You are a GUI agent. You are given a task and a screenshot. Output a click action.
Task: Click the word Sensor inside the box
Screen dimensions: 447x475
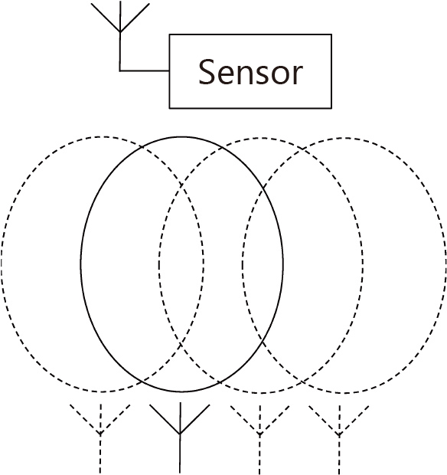click(x=250, y=72)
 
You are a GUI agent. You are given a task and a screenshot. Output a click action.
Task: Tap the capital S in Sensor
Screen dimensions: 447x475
click(x=207, y=72)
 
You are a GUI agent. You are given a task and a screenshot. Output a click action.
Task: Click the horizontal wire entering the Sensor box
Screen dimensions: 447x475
click(x=145, y=71)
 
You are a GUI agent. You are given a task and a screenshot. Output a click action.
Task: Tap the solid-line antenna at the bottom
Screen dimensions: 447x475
click(x=180, y=438)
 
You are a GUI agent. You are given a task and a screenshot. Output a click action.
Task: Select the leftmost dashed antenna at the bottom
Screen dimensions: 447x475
click(x=100, y=438)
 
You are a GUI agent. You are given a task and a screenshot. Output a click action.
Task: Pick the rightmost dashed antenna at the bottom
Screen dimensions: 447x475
click(x=339, y=439)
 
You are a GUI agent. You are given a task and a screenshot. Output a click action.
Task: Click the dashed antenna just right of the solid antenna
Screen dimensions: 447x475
click(x=259, y=439)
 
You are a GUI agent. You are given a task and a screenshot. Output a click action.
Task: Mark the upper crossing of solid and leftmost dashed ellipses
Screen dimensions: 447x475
click(x=142, y=147)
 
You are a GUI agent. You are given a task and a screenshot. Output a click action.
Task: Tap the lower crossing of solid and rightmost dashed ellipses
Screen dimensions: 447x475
click(x=263, y=342)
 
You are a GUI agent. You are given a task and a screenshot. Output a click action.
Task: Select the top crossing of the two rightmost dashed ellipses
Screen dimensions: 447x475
click(x=302, y=149)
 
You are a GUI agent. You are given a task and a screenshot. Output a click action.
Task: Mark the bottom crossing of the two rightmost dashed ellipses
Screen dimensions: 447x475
click(x=302, y=382)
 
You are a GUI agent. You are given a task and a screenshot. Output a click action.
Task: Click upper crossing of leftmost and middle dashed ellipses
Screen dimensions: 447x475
click(x=181, y=185)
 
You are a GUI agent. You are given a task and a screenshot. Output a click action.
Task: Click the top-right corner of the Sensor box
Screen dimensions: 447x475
click(x=331, y=34)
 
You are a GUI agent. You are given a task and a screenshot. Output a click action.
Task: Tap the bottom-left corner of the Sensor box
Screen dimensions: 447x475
click(x=169, y=108)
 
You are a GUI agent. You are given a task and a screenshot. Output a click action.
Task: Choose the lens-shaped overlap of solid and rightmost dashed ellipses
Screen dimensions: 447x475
click(x=263, y=265)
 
